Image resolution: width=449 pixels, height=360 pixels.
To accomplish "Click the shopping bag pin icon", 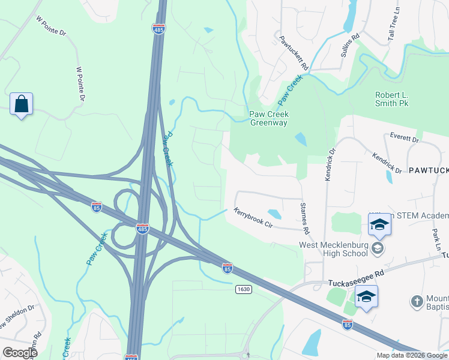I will coord(22,104).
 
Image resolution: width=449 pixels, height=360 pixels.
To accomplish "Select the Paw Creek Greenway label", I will coord(268,118).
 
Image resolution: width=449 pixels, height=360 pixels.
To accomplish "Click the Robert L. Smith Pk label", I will coord(391,99).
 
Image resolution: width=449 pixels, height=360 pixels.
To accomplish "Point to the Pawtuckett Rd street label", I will coord(294,52).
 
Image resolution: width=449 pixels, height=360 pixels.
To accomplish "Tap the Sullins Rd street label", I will coord(350,45).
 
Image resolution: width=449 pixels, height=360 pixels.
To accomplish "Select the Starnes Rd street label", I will coord(304,218).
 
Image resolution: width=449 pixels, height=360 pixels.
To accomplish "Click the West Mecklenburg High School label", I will coord(334,249).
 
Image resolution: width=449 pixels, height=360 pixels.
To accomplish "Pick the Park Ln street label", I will coord(436,238).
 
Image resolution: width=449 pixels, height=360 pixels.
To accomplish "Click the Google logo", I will coord(20,352).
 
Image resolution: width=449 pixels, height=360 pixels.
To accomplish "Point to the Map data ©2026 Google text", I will coord(412,355).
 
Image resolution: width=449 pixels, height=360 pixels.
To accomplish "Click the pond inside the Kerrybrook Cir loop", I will coord(274,214).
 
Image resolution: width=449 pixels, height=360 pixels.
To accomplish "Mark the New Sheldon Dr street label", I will coord(19,320).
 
